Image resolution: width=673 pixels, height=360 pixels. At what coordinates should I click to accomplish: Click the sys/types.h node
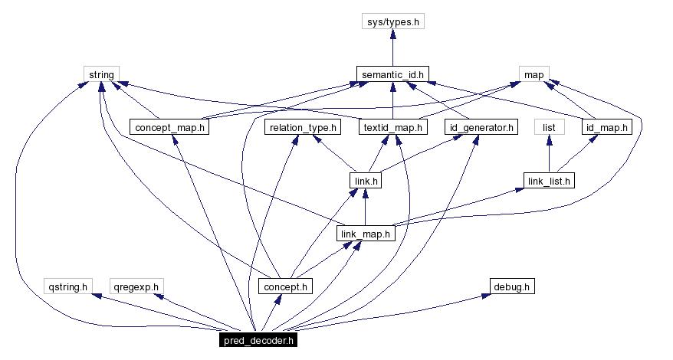coord(392,21)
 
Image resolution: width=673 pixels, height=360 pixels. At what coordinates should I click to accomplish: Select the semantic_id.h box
coord(392,74)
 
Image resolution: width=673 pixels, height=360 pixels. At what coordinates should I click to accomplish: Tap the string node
coord(100,74)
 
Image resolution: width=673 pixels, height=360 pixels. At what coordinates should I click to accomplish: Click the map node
coord(533,74)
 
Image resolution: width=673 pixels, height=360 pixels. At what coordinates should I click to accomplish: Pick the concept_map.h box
coord(169,127)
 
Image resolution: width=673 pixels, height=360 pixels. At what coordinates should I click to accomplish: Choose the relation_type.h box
coord(301,127)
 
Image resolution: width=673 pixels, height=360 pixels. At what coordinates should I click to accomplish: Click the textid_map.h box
coord(392,127)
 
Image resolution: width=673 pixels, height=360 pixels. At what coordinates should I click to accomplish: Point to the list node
coord(548,127)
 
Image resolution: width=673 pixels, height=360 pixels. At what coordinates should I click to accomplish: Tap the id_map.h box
coord(607,127)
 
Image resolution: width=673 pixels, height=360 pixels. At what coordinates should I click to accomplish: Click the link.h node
coord(365,181)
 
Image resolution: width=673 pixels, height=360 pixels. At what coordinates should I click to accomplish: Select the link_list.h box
coord(549,181)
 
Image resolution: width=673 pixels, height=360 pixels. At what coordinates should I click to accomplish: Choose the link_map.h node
coord(366,234)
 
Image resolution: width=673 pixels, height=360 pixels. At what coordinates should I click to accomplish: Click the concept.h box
coord(285,286)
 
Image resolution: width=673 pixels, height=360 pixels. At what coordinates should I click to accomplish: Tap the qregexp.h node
coord(136,286)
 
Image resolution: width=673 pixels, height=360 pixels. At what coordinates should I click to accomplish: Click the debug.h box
coord(511,286)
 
